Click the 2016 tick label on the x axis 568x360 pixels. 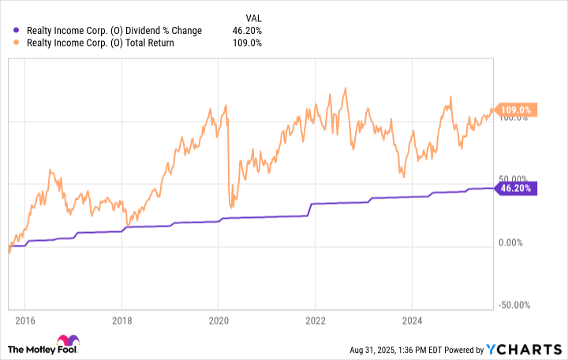click(x=24, y=321)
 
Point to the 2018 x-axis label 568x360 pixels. click(x=121, y=321)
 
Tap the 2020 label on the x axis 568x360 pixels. click(x=219, y=321)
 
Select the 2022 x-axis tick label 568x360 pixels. click(x=316, y=321)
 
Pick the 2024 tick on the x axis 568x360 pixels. click(x=413, y=321)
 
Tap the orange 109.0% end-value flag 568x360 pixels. click(x=517, y=110)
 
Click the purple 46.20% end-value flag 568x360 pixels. click(x=517, y=188)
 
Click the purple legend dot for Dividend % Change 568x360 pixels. click(x=9, y=31)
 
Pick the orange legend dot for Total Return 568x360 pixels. click(x=9, y=43)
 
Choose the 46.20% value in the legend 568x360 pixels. click(x=248, y=31)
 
